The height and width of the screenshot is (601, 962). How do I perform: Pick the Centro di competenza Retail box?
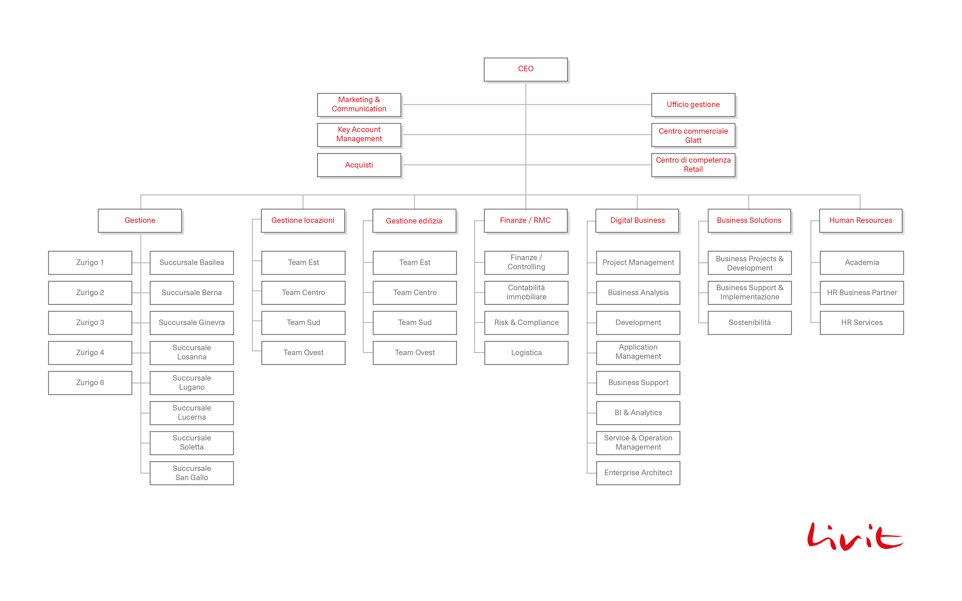click(693, 165)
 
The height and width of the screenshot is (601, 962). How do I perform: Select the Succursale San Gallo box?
click(192, 473)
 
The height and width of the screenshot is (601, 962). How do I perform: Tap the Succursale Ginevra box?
click(192, 323)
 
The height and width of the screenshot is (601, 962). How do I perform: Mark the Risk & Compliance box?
click(526, 323)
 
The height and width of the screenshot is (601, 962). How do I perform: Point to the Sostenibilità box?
click(750, 323)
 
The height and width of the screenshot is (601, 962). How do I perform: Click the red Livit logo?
click(855, 537)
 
